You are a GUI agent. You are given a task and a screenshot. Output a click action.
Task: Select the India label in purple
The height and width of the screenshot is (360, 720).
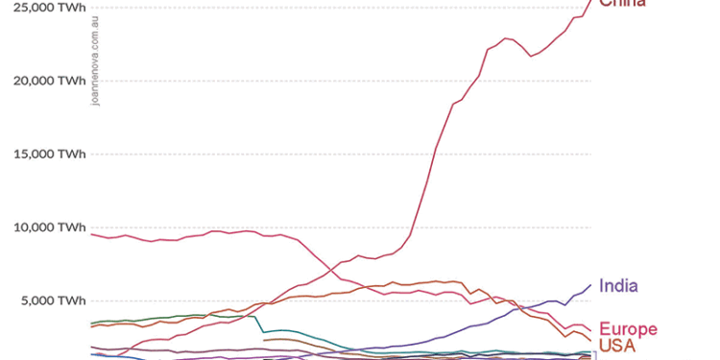pos(618,285)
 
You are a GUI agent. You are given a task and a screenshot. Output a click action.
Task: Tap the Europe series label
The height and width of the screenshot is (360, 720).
pos(628,329)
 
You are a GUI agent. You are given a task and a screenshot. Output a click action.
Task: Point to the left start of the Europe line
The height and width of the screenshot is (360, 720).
pos(91,234)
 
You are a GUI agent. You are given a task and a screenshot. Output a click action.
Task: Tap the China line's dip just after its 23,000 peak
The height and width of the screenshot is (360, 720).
pos(532,56)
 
